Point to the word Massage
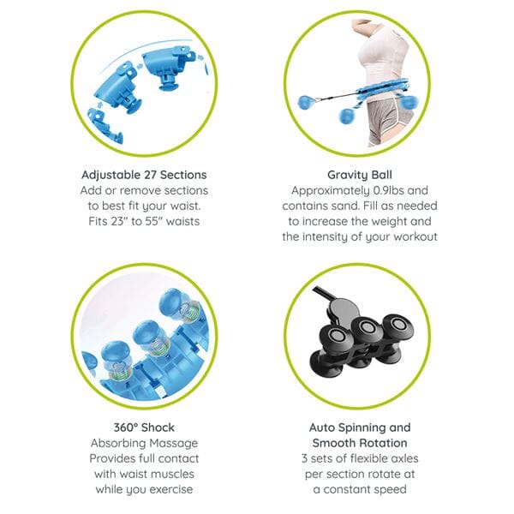(176, 443)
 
